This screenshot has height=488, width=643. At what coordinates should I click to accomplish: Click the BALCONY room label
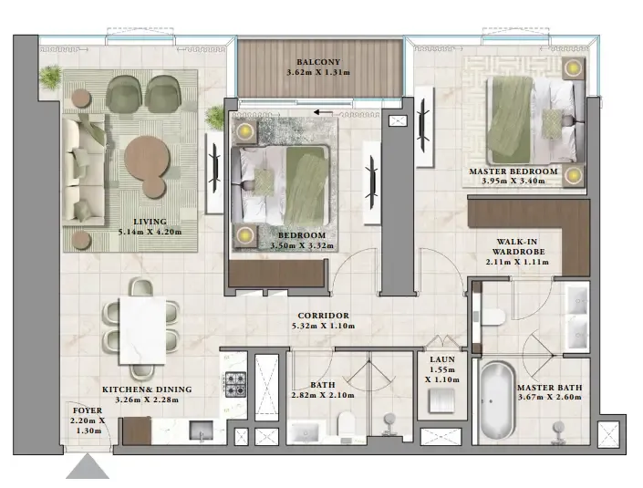[318, 62]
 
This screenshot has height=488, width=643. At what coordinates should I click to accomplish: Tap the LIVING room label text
[149, 221]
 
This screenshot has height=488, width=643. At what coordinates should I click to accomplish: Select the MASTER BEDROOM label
[513, 171]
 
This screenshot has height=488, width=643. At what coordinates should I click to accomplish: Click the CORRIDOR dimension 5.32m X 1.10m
[319, 327]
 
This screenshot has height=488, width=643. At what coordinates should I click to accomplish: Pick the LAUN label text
[442, 359]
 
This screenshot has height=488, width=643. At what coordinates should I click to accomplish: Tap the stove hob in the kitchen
[236, 383]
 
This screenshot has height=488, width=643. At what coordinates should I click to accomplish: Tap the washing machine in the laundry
[443, 401]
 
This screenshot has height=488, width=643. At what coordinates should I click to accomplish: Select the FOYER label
[88, 410]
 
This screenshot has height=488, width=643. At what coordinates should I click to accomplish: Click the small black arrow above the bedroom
[319, 113]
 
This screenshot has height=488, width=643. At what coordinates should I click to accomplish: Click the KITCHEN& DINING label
[148, 388]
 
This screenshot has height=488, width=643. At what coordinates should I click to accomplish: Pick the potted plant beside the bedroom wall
[216, 117]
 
